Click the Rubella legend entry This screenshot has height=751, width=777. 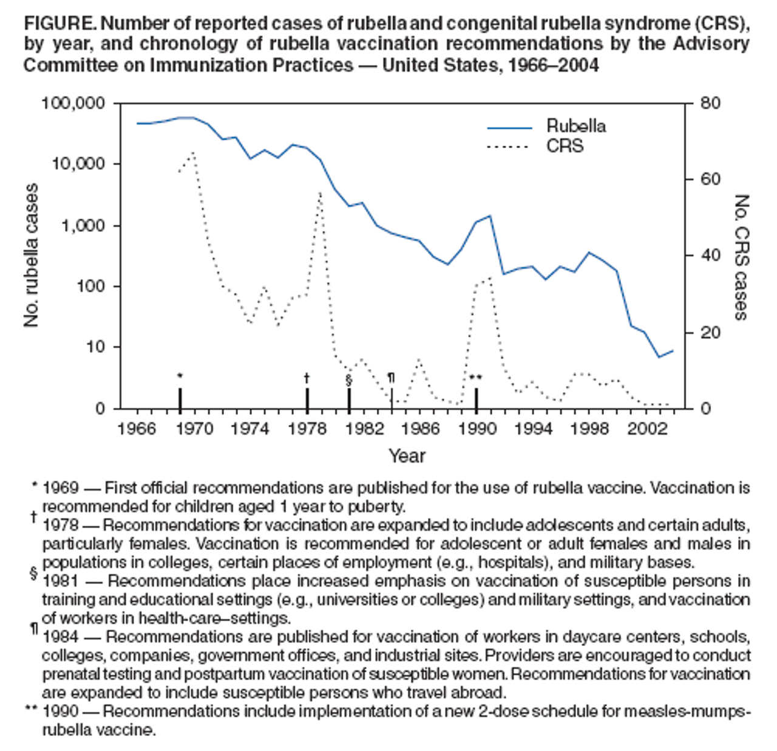pyautogui.click(x=575, y=126)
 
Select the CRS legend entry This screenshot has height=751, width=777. pyautogui.click(x=565, y=146)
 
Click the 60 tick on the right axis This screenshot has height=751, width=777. pyautogui.click(x=710, y=180)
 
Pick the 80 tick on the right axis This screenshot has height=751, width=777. pyautogui.click(x=710, y=103)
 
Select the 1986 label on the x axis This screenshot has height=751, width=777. pyautogui.click(x=420, y=429)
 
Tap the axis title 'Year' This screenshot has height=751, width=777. pyautogui.click(x=407, y=456)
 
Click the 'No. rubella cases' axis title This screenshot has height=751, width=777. pyautogui.click(x=32, y=255)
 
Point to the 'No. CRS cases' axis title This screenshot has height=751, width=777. pyautogui.click(x=741, y=257)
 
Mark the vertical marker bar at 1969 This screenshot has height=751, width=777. pyautogui.click(x=180, y=398)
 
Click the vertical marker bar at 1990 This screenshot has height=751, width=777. pyautogui.click(x=477, y=398)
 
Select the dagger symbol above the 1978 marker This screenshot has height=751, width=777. pyautogui.click(x=307, y=378)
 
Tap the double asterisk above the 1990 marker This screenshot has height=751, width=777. pyautogui.click(x=476, y=378)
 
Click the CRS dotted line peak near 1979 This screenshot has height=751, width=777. pyautogui.click(x=321, y=192)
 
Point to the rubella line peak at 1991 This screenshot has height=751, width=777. pyautogui.click(x=490, y=216)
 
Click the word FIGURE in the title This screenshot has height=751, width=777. pyautogui.click(x=59, y=24)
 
